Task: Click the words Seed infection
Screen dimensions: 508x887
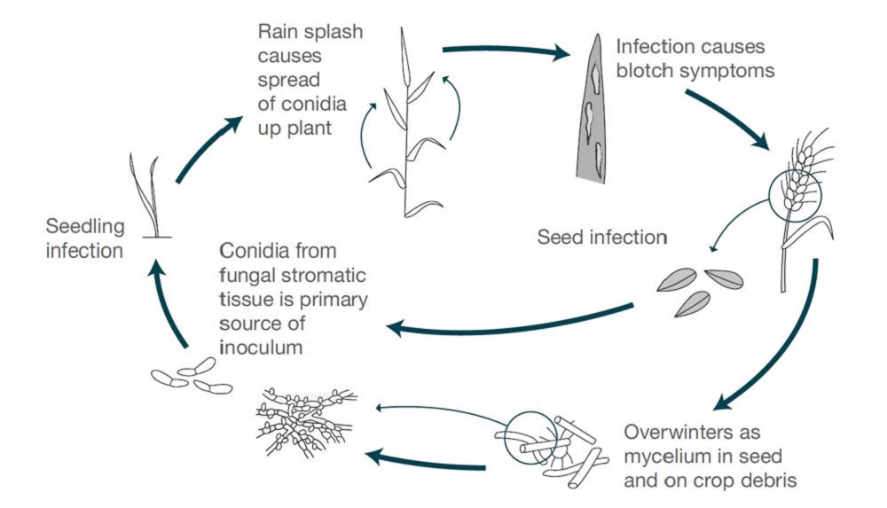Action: pyautogui.click(x=601, y=238)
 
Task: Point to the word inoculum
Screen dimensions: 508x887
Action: pyautogui.click(x=262, y=347)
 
